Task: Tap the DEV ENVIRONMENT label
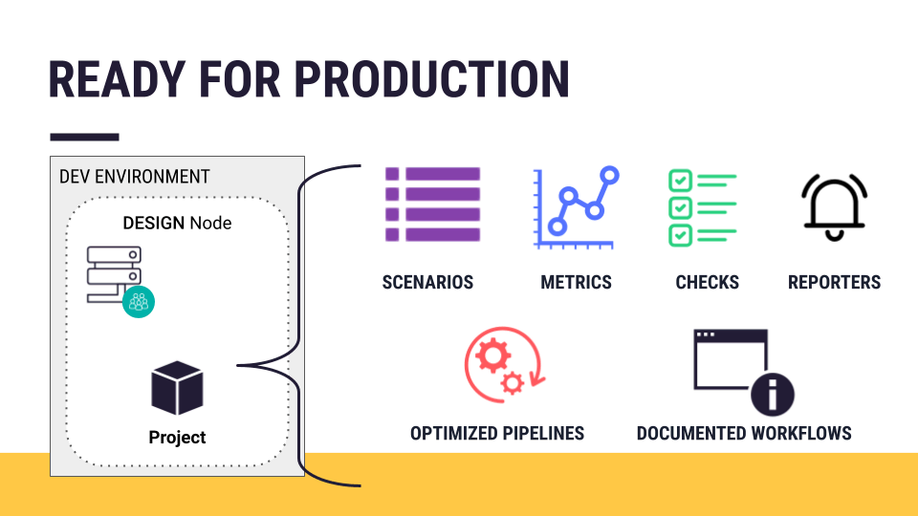pos(134,177)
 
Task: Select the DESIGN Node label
pos(177,224)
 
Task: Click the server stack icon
pos(114,274)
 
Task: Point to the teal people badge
pos(140,302)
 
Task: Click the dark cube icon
pos(177,388)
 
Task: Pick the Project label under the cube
pos(177,438)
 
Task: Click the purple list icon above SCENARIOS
pos(432,204)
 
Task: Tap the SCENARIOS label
pos(427,282)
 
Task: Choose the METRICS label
pos(576,282)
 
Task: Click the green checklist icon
pos(702,206)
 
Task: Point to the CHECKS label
pos(707,282)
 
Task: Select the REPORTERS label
pos(834,282)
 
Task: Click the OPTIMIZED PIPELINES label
pos(497,434)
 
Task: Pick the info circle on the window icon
pos(772,394)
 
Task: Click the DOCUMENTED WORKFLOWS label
pos(744,434)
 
